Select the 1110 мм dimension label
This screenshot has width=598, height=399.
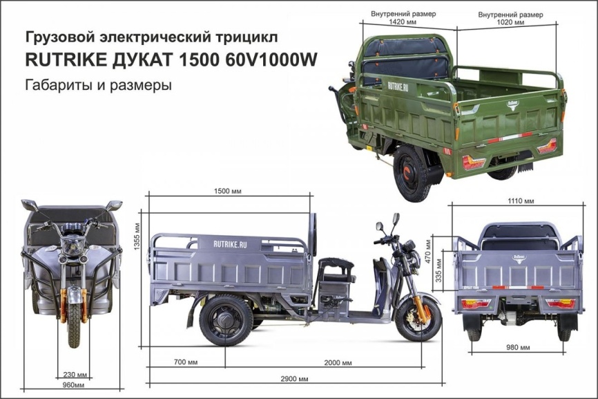[x=521, y=201]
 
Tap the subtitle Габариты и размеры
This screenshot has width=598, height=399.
[x=97, y=86]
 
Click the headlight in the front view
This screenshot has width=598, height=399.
[x=73, y=245]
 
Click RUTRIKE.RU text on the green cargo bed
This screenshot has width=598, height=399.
[x=398, y=86]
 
